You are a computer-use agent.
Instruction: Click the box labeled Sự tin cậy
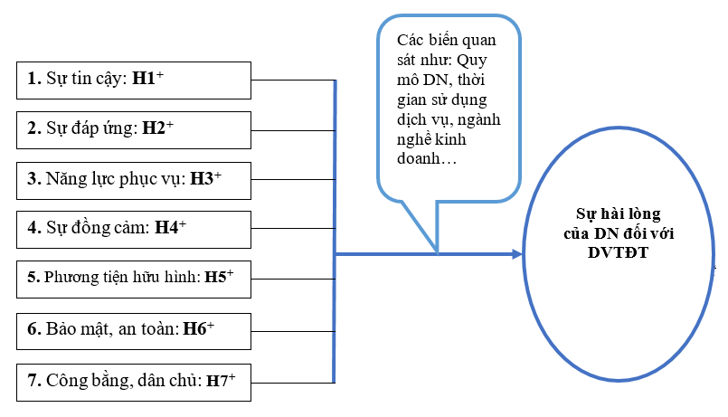(x=133, y=80)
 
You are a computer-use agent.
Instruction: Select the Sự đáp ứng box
(x=133, y=129)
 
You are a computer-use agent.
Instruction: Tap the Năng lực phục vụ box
(x=133, y=179)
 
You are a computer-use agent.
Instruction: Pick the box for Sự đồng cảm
(x=133, y=229)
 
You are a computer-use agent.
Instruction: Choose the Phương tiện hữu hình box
(x=133, y=280)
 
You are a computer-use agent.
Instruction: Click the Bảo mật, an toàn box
(x=133, y=330)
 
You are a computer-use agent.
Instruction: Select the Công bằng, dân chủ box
(x=133, y=381)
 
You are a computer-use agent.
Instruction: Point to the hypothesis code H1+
(x=147, y=79)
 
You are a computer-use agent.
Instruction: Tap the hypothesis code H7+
(x=222, y=381)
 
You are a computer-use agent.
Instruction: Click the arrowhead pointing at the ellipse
(x=517, y=254)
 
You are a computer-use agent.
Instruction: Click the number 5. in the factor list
(x=33, y=280)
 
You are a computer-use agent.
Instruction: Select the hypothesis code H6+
(x=198, y=330)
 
